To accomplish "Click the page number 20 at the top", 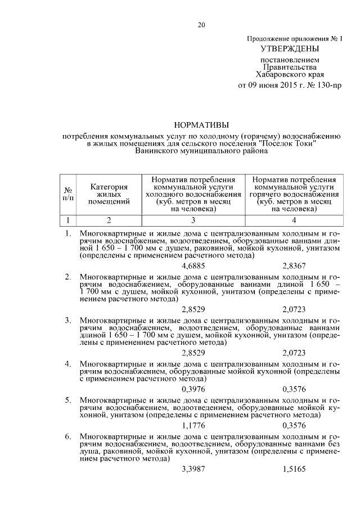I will click(201, 24).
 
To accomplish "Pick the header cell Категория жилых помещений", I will click(109, 194).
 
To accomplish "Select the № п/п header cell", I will click(67, 194).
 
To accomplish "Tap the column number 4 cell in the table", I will click(294, 220).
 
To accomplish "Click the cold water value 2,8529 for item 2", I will click(193, 309).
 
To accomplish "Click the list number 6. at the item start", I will click(67, 436).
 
